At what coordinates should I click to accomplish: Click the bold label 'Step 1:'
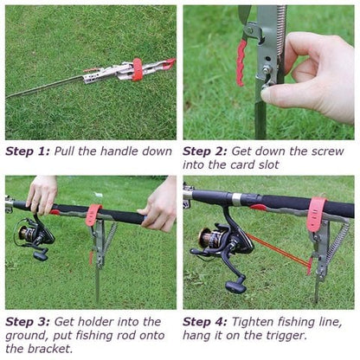click(27, 150)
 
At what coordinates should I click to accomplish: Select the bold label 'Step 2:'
click(204, 150)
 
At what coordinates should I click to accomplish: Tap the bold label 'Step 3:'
click(27, 321)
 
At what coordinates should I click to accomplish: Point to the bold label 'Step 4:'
click(204, 321)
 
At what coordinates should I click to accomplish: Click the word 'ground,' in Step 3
click(28, 336)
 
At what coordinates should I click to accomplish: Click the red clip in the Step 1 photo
click(136, 68)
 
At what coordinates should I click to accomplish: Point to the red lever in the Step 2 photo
click(241, 63)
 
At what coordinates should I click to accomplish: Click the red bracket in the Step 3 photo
click(93, 214)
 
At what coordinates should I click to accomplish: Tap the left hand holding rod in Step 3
click(42, 195)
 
